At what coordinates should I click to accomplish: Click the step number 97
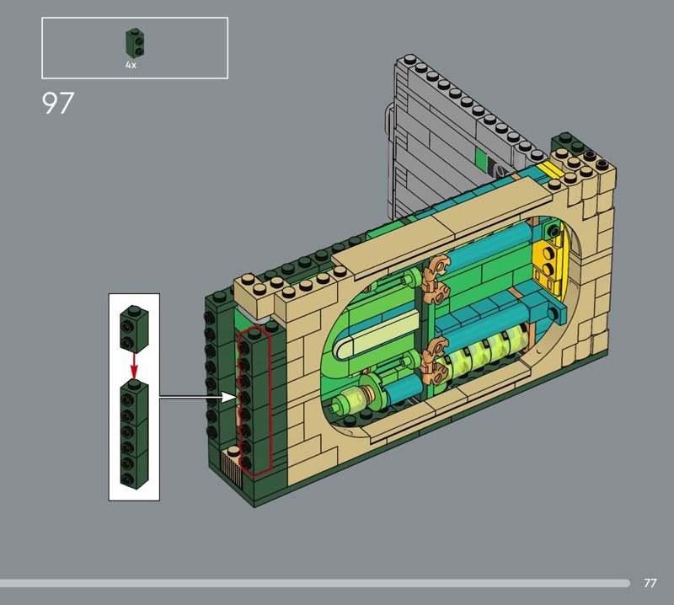58,103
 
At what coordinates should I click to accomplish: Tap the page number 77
650,583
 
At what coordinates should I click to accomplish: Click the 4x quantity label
131,65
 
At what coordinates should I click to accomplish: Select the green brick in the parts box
135,43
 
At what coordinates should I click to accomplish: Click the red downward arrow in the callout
134,367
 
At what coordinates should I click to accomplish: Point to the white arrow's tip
237,398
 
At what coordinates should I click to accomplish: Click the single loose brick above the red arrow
134,329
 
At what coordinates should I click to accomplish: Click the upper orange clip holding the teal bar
436,279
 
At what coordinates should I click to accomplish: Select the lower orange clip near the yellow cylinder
435,361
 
